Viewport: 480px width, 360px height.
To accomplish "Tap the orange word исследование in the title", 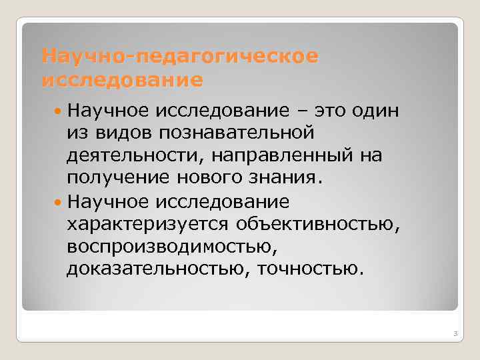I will click(x=123, y=81).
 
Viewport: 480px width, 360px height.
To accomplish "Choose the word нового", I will click(x=201, y=179).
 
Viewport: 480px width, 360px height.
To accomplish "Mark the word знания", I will click(x=282, y=179).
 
